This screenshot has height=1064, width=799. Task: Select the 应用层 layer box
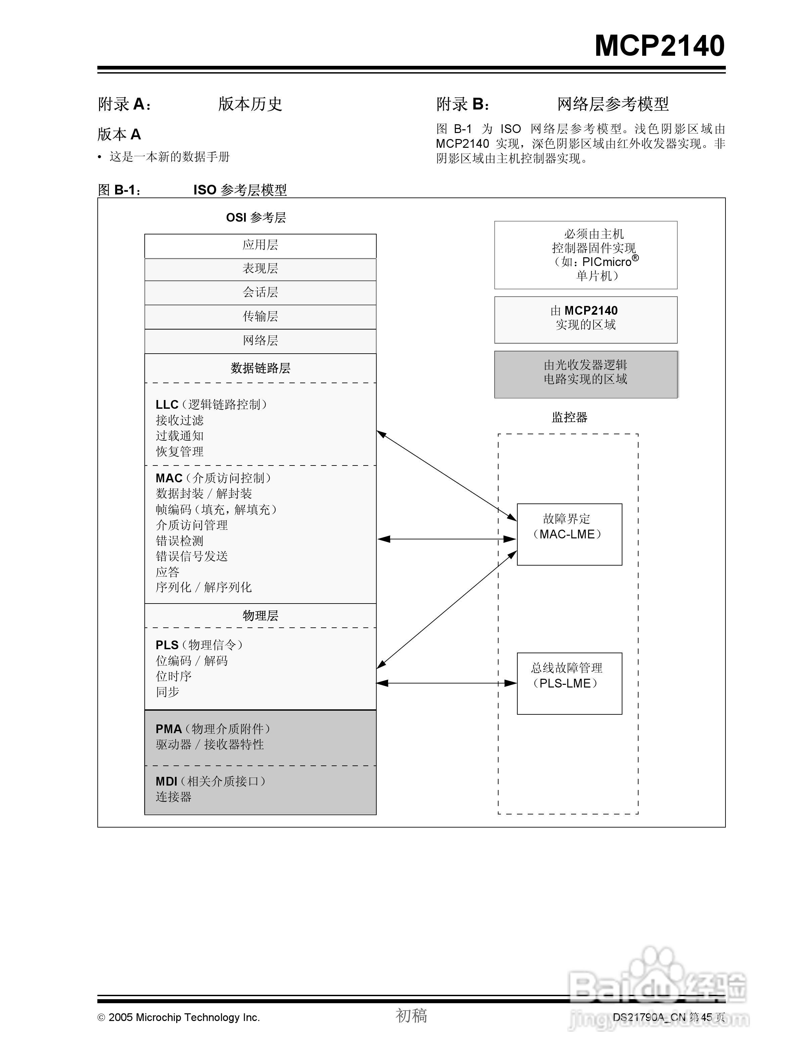tap(260, 245)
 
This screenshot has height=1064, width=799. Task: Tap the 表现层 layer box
tap(260, 269)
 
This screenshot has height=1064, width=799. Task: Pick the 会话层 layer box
tap(260, 293)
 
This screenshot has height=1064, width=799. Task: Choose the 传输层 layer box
tap(260, 316)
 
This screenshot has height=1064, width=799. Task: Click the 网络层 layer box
tap(260, 341)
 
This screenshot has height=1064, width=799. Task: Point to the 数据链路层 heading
tap(260, 368)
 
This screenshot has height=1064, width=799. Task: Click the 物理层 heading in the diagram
tap(260, 616)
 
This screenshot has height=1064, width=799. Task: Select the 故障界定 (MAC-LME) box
tap(569, 534)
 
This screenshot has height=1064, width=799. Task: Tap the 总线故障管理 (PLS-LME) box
tap(569, 683)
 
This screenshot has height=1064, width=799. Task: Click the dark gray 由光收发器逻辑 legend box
tap(585, 374)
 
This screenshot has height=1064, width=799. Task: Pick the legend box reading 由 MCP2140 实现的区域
tap(585, 319)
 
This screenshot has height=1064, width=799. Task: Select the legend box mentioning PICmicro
tap(585, 255)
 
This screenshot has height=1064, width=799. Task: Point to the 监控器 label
tap(569, 417)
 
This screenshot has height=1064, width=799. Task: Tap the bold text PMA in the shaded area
tap(168, 729)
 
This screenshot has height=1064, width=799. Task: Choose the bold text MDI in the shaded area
tap(166, 782)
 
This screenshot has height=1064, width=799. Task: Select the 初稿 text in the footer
tap(411, 1015)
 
